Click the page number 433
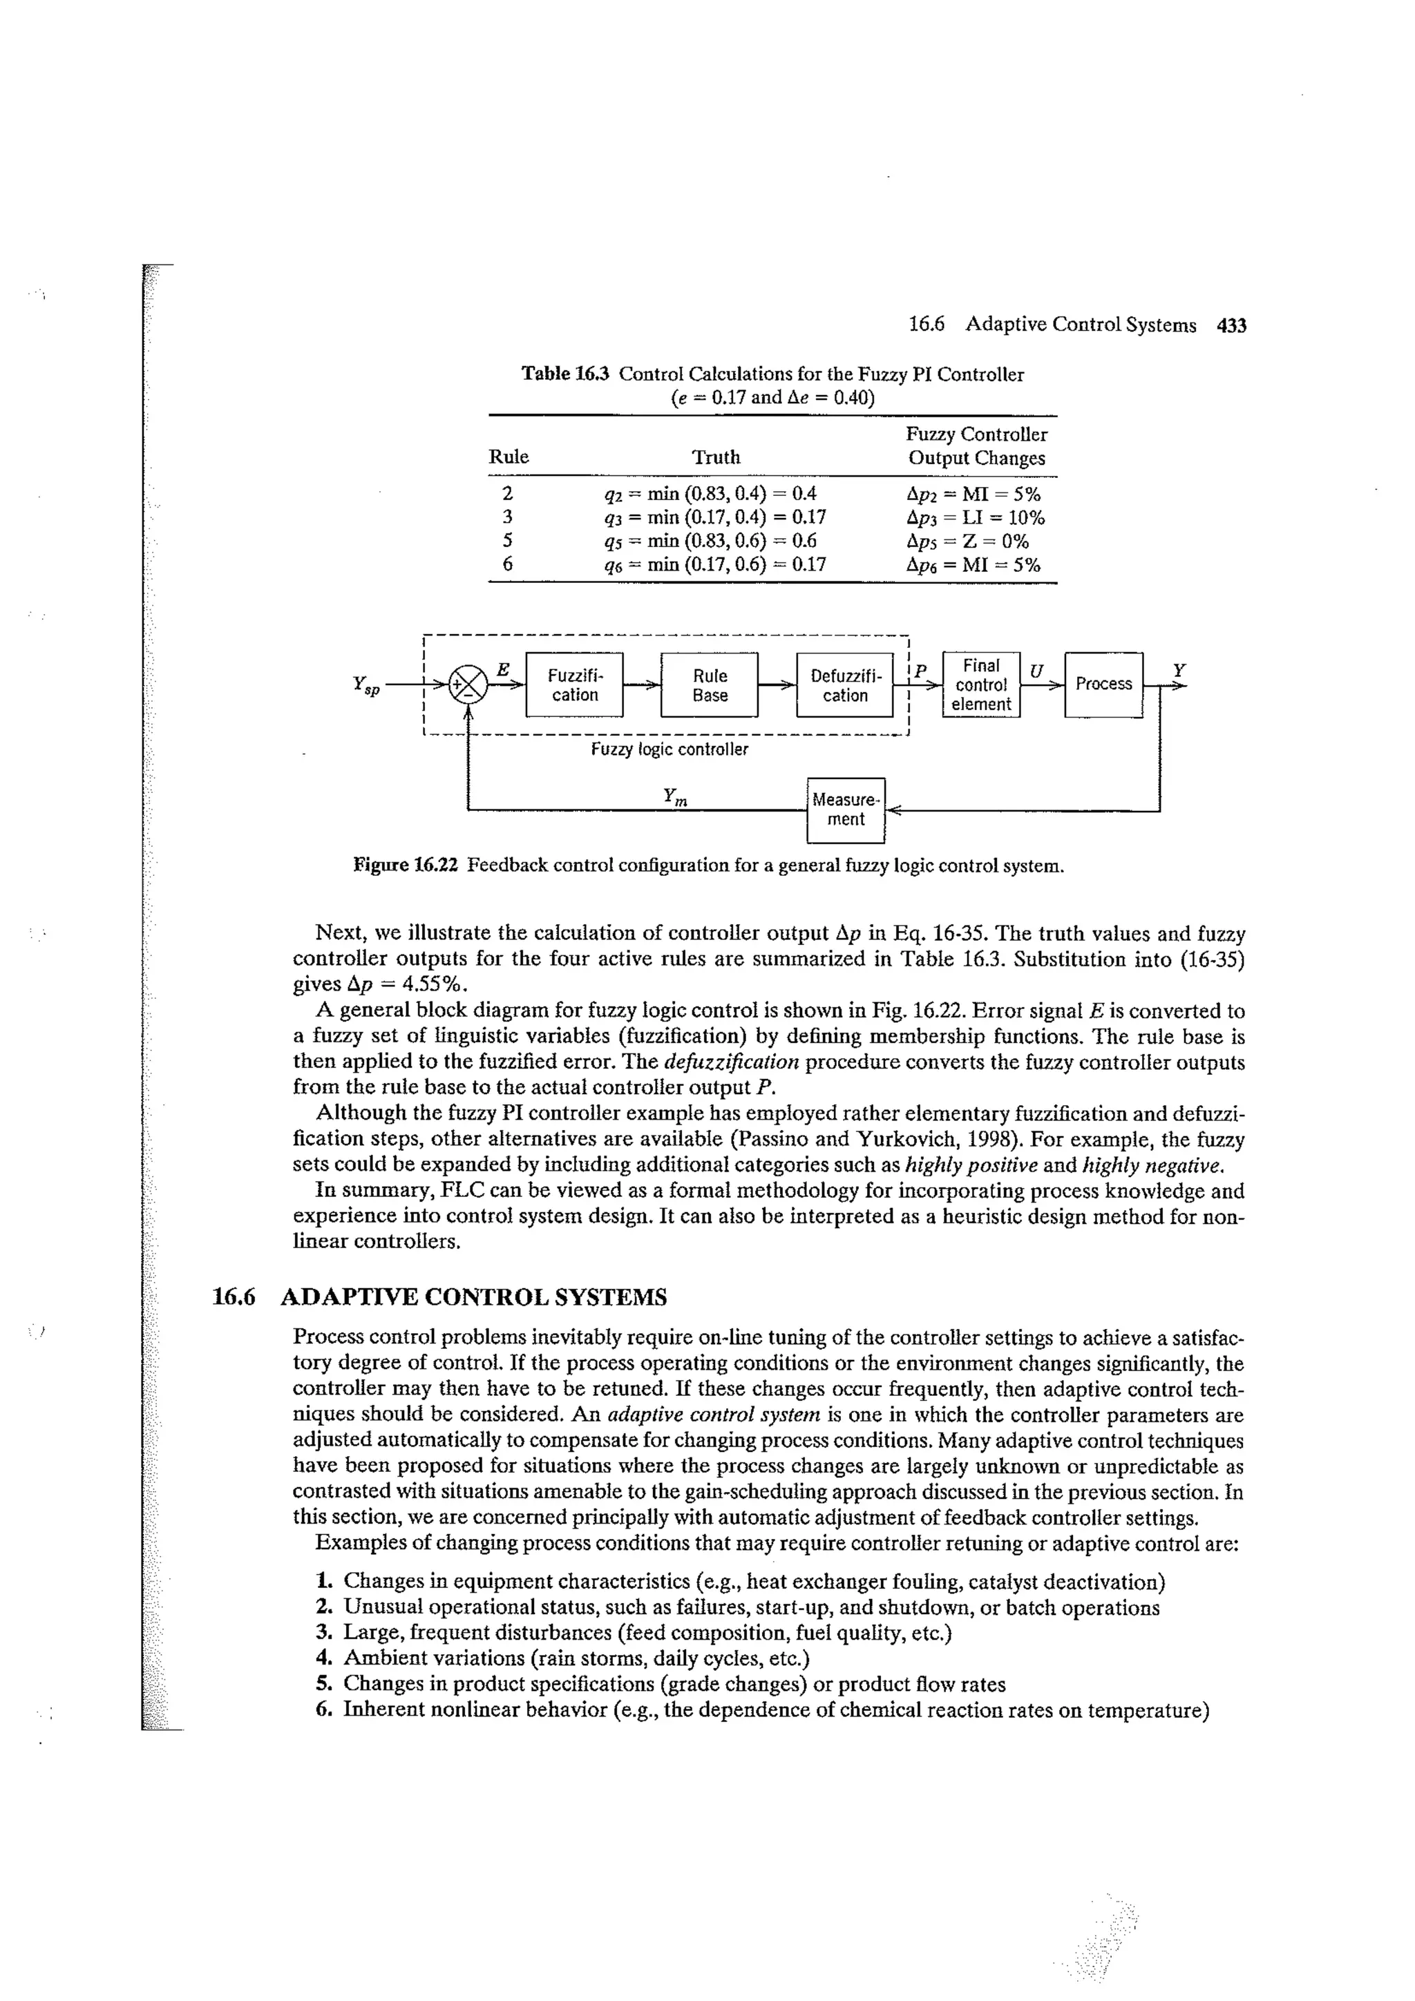[1232, 325]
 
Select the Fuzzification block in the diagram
[575, 685]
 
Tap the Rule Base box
[710, 685]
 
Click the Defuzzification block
[845, 685]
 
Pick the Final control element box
[981, 685]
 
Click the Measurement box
[846, 810]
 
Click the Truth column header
[716, 457]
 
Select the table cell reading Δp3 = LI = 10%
[975, 517]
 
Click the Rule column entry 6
[507, 565]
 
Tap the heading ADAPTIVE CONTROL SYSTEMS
[473, 1298]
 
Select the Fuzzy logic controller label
[669, 749]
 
